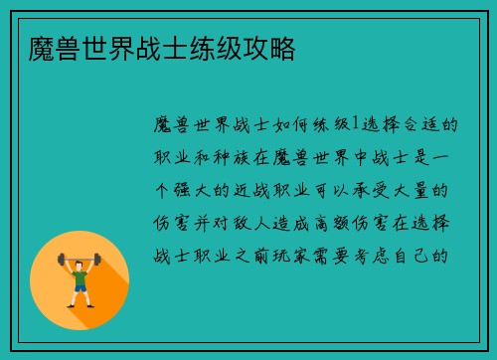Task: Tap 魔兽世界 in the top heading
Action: tap(63, 47)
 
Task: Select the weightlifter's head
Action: tap(80, 262)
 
